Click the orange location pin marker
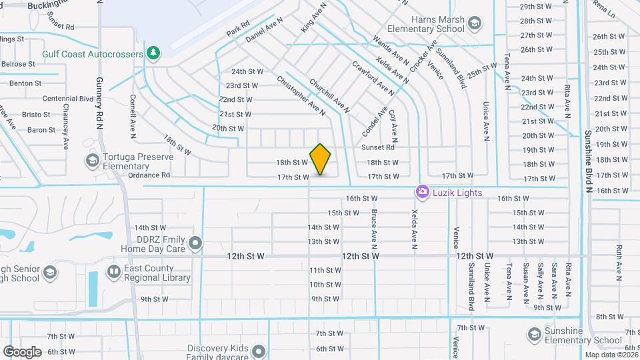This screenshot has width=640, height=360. (321, 159)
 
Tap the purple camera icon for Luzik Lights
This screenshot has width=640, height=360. (422, 192)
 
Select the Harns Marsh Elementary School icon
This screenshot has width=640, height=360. (474, 25)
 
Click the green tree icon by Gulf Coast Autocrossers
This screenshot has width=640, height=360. (153, 53)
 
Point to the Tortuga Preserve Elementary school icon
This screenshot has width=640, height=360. (92, 160)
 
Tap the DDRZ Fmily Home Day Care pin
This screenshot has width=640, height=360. (195, 243)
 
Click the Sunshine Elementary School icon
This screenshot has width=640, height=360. (534, 333)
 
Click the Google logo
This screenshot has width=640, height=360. (22, 351)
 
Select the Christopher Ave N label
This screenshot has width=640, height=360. (301, 95)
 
